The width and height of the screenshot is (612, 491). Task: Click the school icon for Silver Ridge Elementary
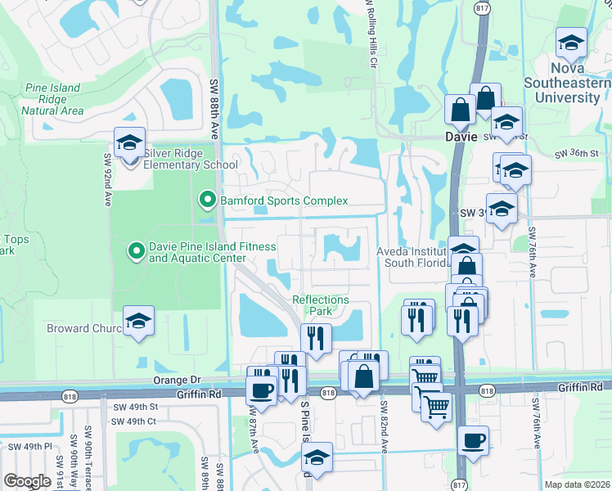pyautogui.click(x=129, y=143)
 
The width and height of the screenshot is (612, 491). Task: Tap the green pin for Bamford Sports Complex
pyautogui.click(x=207, y=200)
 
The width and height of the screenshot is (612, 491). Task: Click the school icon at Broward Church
pyautogui.click(x=138, y=322)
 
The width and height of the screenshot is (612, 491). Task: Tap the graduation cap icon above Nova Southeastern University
pyautogui.click(x=571, y=43)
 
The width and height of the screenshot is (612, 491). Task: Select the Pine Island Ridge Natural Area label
pyautogui.click(x=52, y=99)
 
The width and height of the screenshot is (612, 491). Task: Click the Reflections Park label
pyautogui.click(x=321, y=305)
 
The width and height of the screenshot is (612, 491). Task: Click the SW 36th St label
pyautogui.click(x=577, y=153)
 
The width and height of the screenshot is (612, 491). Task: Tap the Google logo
pyautogui.click(x=27, y=481)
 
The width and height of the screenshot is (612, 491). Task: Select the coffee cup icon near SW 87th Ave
pyautogui.click(x=262, y=390)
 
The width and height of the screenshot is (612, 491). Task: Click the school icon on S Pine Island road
pyautogui.click(x=317, y=458)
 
